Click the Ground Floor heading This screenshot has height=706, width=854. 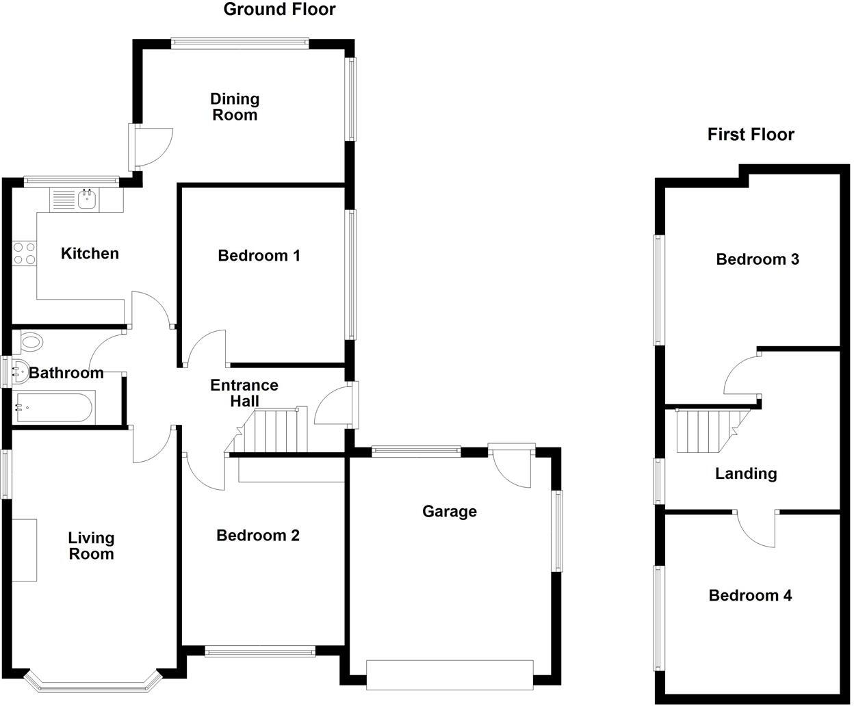(x=279, y=10)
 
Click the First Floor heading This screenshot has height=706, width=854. (x=750, y=134)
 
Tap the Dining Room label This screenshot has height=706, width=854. (x=234, y=107)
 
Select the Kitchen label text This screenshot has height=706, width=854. (x=90, y=254)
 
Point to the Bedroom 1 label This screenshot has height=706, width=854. (x=259, y=256)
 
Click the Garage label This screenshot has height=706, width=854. (x=449, y=512)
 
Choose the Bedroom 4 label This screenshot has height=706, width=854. (x=750, y=596)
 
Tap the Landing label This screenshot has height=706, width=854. (x=745, y=473)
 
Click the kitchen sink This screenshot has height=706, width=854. (x=87, y=200)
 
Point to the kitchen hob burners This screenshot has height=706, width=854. (x=24, y=254)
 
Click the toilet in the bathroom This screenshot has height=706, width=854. (x=30, y=341)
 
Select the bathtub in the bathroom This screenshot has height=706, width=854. (x=53, y=408)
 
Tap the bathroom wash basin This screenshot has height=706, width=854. (x=19, y=373)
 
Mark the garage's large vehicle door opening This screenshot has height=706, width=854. (x=450, y=675)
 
